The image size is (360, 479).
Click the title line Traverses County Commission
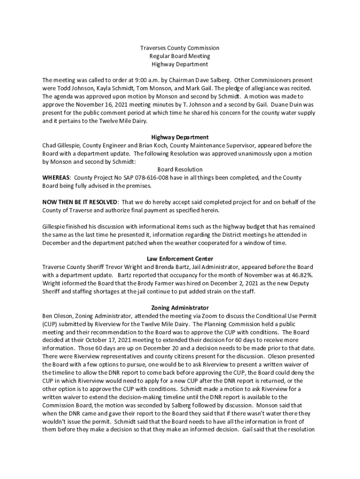[180, 48]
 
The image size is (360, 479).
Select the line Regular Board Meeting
[180, 56]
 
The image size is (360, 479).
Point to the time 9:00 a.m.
[139, 80]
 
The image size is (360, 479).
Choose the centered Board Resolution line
[180, 169]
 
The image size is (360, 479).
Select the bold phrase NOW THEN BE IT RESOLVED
[80, 202]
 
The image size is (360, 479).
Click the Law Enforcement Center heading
[180, 259]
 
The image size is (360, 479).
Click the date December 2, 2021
[218, 283]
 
